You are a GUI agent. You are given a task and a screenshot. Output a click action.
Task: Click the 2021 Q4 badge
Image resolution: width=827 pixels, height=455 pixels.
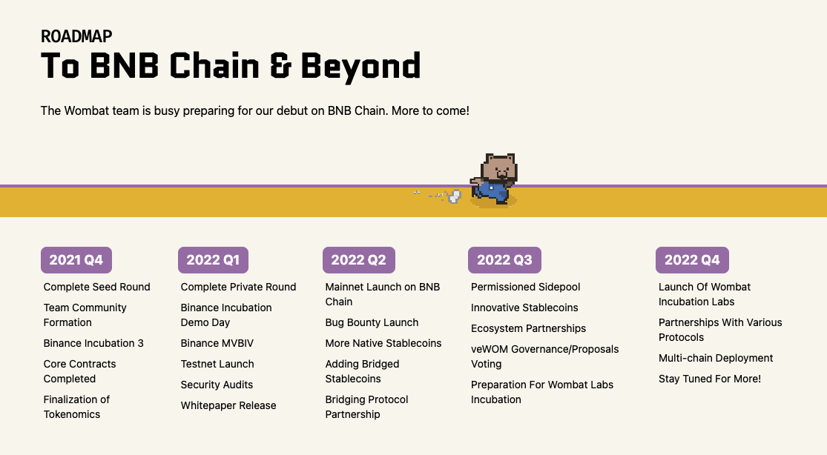76,260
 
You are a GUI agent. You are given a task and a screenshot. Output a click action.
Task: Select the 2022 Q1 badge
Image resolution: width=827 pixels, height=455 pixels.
213,260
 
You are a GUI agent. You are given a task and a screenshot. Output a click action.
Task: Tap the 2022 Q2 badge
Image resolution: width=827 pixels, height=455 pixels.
358,260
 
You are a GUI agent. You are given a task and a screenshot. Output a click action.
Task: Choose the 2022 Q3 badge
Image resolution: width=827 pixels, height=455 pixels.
504,260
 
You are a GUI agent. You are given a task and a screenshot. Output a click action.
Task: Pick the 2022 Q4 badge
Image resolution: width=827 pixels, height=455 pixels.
692,260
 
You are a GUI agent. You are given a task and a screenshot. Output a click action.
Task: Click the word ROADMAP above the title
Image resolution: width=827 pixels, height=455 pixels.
76,36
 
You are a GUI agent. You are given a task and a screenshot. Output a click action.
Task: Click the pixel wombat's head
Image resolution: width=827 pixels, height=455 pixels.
500,167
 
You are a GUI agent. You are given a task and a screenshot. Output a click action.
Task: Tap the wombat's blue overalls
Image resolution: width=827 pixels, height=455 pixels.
492,190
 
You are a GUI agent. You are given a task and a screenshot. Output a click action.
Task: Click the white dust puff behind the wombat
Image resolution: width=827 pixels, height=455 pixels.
455,196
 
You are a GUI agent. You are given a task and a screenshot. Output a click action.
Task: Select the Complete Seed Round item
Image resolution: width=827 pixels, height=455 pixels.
96,287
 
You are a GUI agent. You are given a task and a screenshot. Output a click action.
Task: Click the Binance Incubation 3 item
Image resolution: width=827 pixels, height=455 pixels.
93,343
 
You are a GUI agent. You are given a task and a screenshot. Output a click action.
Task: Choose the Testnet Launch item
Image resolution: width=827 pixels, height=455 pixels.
217,364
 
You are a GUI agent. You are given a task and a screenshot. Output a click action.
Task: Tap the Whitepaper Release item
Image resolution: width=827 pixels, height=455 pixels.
228,405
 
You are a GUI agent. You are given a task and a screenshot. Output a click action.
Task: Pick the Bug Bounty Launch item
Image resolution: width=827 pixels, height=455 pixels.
372,322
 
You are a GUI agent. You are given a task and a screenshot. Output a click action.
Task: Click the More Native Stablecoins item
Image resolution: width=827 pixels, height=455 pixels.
383,343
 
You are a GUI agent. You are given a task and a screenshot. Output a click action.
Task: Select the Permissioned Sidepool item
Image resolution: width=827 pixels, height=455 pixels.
525,287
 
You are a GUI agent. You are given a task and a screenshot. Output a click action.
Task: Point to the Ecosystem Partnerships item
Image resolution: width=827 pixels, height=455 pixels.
528,328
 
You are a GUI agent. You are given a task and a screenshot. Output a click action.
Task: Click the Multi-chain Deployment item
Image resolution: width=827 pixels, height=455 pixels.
716,358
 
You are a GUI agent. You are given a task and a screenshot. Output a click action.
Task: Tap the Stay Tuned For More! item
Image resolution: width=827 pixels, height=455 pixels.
709,379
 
